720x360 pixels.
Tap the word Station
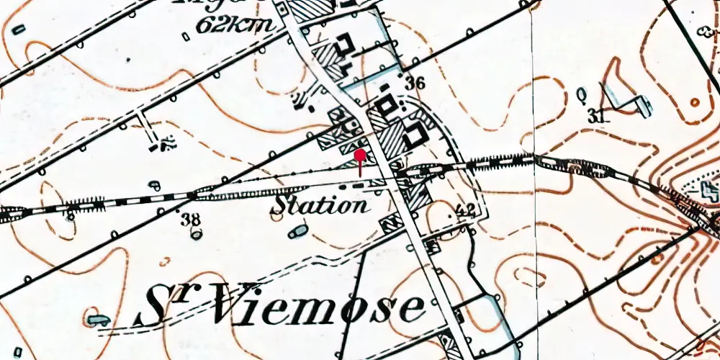(x=319, y=204)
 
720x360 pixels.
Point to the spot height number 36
(x=414, y=83)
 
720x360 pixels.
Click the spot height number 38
(x=191, y=220)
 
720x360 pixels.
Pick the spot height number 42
(x=466, y=210)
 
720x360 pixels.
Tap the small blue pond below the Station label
(x=297, y=232)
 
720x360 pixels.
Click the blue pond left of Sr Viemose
(x=98, y=319)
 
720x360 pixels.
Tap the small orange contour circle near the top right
(x=694, y=102)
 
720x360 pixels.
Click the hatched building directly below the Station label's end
(x=392, y=223)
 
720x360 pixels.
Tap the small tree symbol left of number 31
(x=582, y=94)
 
